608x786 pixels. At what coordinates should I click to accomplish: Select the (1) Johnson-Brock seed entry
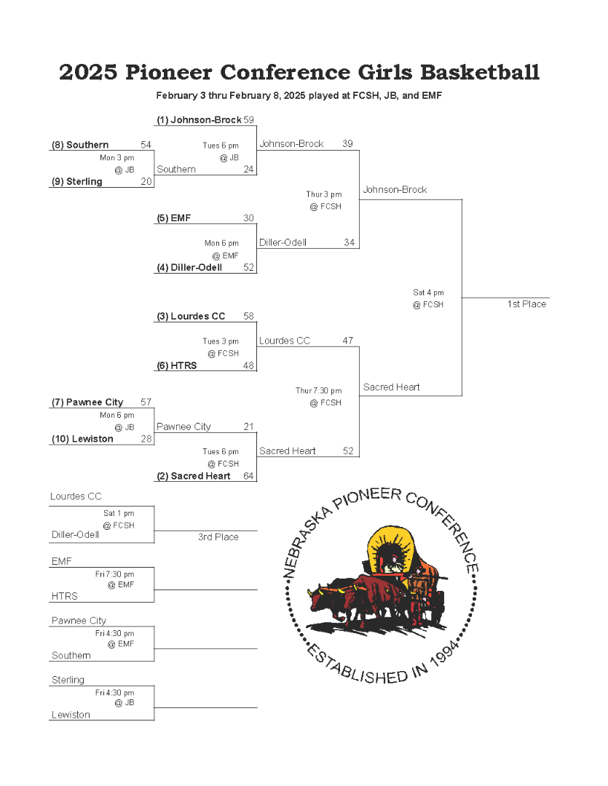(200, 120)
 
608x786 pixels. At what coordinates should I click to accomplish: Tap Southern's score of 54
(146, 145)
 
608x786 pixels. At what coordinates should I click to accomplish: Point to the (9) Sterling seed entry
(76, 181)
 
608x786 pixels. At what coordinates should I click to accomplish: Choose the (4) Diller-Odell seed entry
(189, 268)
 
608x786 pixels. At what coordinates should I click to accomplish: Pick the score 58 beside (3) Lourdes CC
(249, 317)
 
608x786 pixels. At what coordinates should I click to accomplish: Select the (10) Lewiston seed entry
(82, 439)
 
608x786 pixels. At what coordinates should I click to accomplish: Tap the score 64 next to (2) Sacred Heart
(249, 476)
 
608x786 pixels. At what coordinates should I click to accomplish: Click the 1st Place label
(526, 304)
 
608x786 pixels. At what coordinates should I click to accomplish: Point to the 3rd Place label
(218, 537)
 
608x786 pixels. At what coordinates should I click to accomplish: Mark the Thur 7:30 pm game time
(318, 391)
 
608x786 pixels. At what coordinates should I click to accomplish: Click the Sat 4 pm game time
(428, 293)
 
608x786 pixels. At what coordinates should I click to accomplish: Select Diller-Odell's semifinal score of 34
(350, 242)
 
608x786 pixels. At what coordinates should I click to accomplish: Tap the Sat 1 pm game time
(119, 513)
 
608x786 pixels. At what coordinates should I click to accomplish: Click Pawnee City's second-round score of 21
(249, 426)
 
